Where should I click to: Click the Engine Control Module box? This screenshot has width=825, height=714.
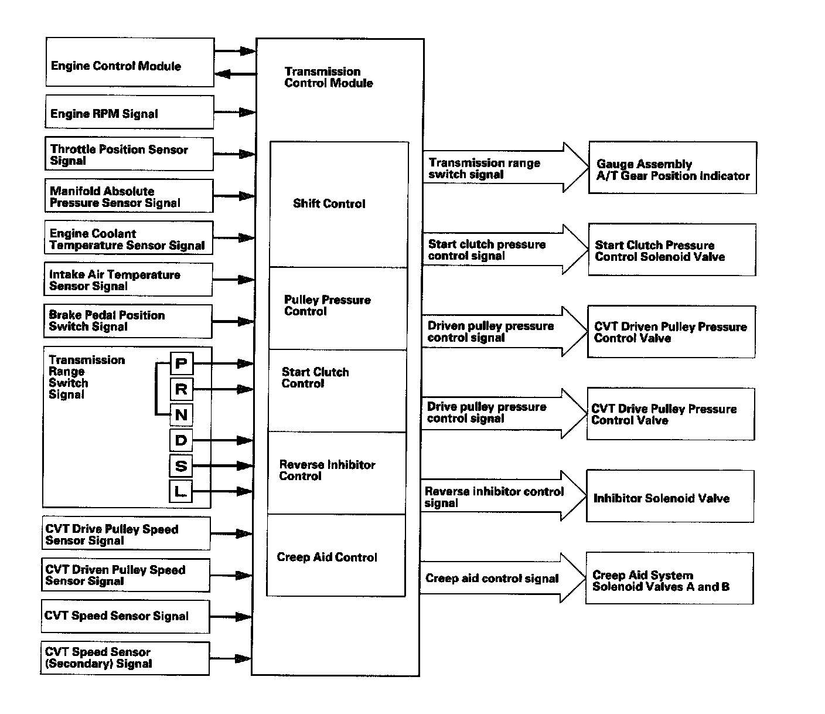(x=129, y=63)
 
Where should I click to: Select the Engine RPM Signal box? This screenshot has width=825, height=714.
(x=129, y=112)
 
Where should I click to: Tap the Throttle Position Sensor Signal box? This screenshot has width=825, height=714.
(x=129, y=154)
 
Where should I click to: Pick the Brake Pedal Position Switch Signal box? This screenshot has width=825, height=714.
(x=128, y=321)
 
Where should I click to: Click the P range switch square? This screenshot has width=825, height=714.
(x=181, y=364)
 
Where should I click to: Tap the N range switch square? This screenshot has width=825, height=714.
(x=181, y=415)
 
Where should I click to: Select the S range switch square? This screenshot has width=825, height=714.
(x=181, y=466)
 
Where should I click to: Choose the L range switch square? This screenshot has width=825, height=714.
(x=180, y=491)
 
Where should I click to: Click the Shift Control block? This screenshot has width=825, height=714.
(x=339, y=204)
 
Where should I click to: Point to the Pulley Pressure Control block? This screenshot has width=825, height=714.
(x=337, y=308)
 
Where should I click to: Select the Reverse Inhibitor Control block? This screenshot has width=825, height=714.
(x=336, y=473)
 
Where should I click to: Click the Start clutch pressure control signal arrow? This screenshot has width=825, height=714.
(x=504, y=250)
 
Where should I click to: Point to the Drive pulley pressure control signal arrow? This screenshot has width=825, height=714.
(x=503, y=413)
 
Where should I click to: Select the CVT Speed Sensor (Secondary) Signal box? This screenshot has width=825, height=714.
(x=125, y=658)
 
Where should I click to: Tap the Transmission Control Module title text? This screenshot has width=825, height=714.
(x=328, y=77)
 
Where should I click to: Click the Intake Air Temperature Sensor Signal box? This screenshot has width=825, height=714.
(x=128, y=280)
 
